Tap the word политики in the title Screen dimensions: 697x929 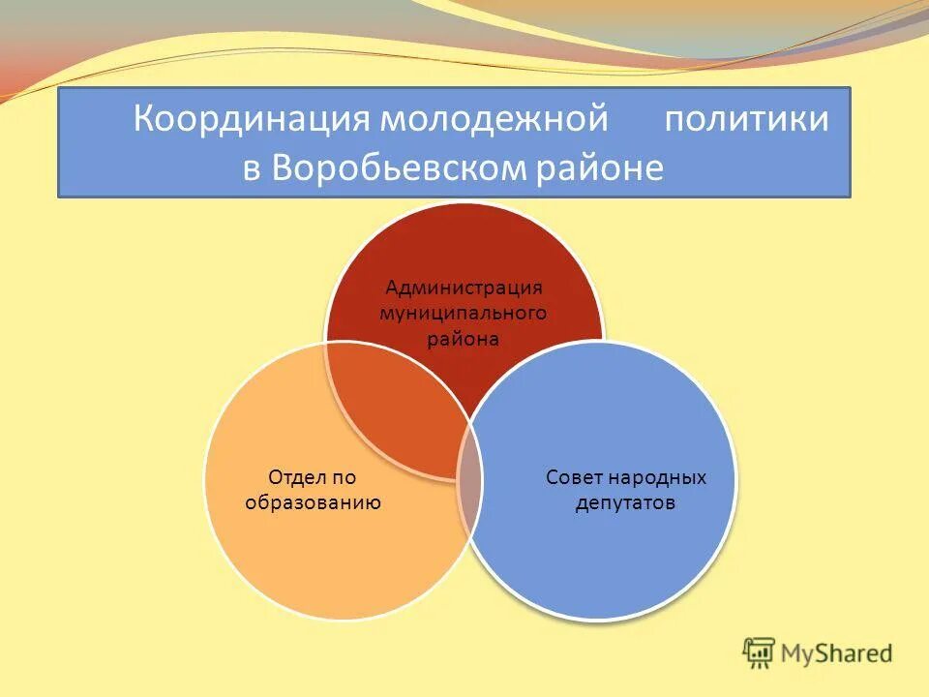(746, 121)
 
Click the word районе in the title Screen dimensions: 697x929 (599, 169)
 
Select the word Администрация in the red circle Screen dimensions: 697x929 (464, 288)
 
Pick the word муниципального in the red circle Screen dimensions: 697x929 (464, 313)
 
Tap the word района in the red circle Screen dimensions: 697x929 (464, 339)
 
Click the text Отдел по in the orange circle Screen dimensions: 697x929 (312, 477)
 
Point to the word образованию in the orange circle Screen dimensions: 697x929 (313, 502)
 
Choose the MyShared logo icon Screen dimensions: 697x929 (759, 653)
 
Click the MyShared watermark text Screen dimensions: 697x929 (837, 653)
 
